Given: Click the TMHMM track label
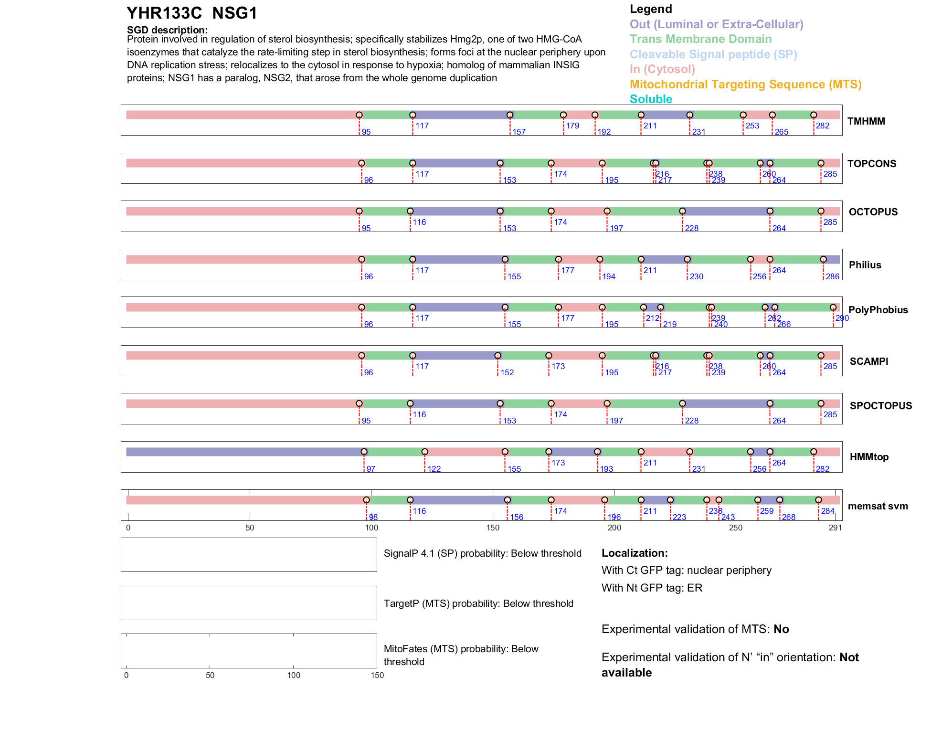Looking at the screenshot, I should [866, 121].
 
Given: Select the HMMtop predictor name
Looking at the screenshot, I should [869, 457].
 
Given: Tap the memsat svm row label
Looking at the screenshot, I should [878, 506].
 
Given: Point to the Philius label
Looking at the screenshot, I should [865, 265].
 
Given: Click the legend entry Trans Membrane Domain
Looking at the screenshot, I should [700, 39].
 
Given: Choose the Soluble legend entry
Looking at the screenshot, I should [651, 99].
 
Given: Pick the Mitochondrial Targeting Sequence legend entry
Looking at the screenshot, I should [745, 85].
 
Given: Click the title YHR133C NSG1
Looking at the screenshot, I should [192, 13].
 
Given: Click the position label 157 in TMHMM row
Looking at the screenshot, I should [519, 132].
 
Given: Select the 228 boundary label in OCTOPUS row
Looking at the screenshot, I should [691, 229].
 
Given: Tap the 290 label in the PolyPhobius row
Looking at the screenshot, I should [842, 318].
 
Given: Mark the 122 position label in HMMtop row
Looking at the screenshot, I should [434, 469].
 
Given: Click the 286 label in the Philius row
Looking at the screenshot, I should [832, 277].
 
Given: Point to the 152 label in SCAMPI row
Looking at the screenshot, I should [507, 373].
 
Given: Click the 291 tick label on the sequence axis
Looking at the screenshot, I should [835, 528].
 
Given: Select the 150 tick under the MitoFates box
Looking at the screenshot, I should [377, 676].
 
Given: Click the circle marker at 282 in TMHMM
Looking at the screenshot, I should [814, 115].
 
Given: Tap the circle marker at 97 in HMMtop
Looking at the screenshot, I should [364, 452].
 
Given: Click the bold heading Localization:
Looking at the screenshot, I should [635, 553].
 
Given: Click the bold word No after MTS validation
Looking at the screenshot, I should [781, 629].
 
